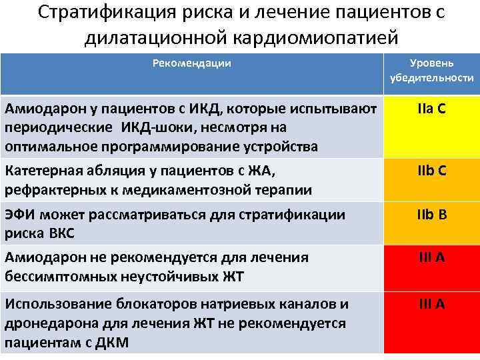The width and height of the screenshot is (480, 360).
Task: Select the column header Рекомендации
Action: [192, 63]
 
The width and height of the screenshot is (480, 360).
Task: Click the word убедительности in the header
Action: [432, 78]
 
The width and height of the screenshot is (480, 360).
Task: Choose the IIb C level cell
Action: [432, 171]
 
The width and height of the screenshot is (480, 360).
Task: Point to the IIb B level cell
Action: [432, 215]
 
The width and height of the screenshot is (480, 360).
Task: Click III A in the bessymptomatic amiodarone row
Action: [432, 258]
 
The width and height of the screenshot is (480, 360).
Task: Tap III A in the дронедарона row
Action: [432, 305]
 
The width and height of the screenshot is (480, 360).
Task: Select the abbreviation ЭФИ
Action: [21, 215]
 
